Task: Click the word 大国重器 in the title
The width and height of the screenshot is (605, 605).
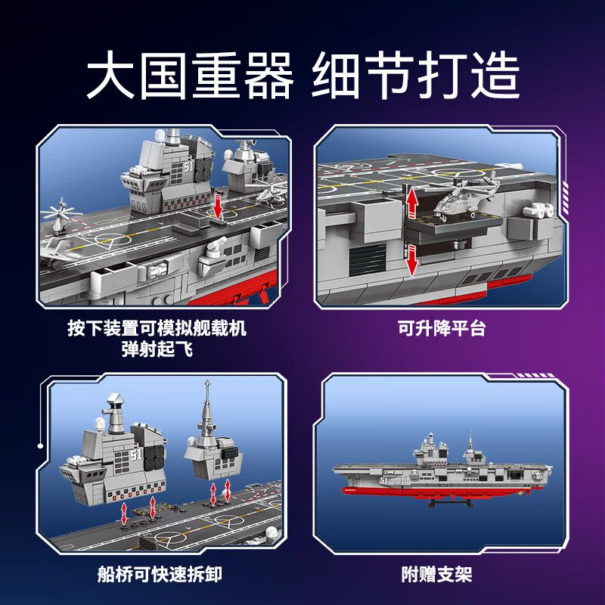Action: click(190, 76)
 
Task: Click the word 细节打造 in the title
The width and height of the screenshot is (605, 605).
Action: click(415, 76)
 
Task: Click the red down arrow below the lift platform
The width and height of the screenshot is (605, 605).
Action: click(411, 259)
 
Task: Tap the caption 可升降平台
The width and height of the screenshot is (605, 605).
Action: click(442, 329)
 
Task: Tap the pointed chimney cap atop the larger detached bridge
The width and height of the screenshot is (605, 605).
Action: click(117, 400)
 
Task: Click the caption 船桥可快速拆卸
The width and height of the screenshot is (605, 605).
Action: click(157, 575)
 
